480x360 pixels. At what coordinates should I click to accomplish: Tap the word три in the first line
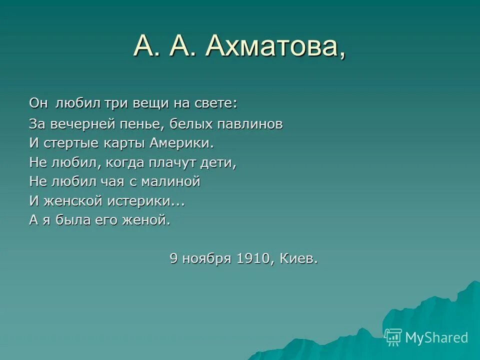[x=116, y=103]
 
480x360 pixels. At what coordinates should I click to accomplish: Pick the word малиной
[x=170, y=182]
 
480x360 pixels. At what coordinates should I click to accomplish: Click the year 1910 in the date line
[x=253, y=259]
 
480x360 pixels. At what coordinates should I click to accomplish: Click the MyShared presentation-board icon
[x=393, y=337]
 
